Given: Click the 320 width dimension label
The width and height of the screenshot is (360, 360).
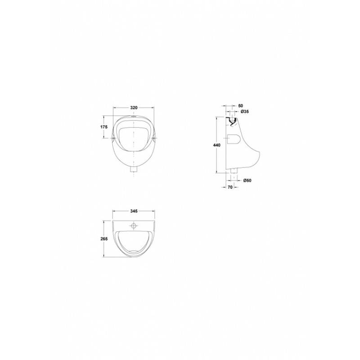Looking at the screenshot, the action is (x=134, y=108).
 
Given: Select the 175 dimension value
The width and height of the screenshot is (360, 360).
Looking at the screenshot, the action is (x=104, y=127).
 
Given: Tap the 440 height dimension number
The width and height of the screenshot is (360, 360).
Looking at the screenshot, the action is (x=217, y=145).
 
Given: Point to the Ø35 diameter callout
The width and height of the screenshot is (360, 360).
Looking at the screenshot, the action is (x=245, y=112).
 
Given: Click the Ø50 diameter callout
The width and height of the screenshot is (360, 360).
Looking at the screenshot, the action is (x=247, y=180).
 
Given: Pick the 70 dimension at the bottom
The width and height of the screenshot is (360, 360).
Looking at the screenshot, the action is (x=230, y=187).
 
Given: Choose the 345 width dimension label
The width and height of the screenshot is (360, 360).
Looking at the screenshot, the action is (x=134, y=211).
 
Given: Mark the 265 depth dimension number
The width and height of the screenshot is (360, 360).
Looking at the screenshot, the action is (x=104, y=239).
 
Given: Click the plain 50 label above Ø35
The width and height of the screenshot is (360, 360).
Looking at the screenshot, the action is (x=241, y=106).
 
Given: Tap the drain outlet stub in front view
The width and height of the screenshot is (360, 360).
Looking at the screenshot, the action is (x=134, y=170).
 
